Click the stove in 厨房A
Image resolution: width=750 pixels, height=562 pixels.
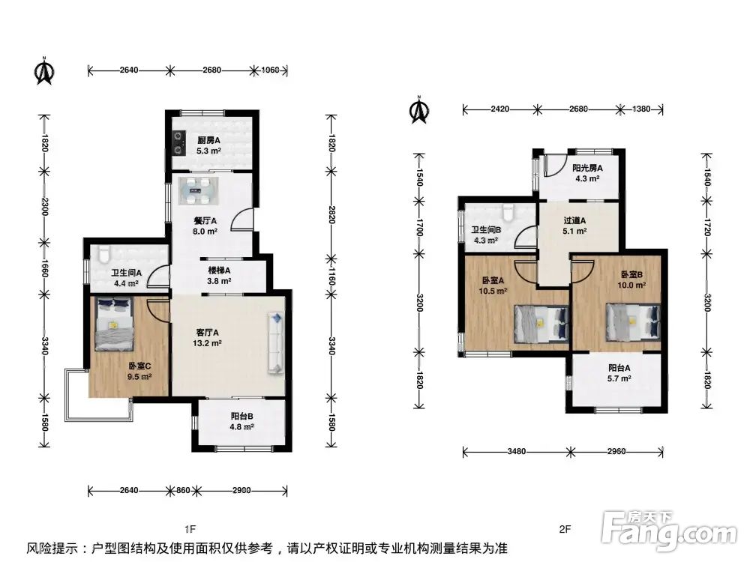pyautogui.click(x=179, y=143)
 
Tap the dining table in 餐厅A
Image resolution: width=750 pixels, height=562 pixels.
pyautogui.click(x=199, y=190)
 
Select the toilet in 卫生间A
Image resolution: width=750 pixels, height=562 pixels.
pyautogui.click(x=103, y=255)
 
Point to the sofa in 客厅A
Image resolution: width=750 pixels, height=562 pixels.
pyautogui.click(x=276, y=342)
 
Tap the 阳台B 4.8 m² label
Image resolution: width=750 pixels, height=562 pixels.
pyautogui.click(x=241, y=421)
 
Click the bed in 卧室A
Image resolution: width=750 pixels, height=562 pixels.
pyautogui.click(x=541, y=324)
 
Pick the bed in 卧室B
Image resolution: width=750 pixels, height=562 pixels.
pyautogui.click(x=633, y=321)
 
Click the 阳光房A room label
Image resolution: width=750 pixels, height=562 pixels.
pyautogui.click(x=587, y=168)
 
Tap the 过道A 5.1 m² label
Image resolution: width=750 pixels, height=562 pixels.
pyautogui.click(x=574, y=226)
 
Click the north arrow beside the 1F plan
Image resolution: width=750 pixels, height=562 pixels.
pyautogui.click(x=44, y=70)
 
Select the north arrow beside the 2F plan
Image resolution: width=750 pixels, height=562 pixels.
pyautogui.click(x=419, y=109)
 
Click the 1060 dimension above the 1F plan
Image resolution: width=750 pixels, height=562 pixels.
pyautogui.click(x=270, y=70)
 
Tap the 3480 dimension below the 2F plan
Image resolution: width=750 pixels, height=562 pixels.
pyautogui.click(x=517, y=451)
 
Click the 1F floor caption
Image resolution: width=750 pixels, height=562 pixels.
pyautogui.click(x=190, y=529)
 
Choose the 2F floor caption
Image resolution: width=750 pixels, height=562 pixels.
pyautogui.click(x=565, y=529)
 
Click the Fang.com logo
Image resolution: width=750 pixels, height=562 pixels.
pyautogui.click(x=669, y=530)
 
